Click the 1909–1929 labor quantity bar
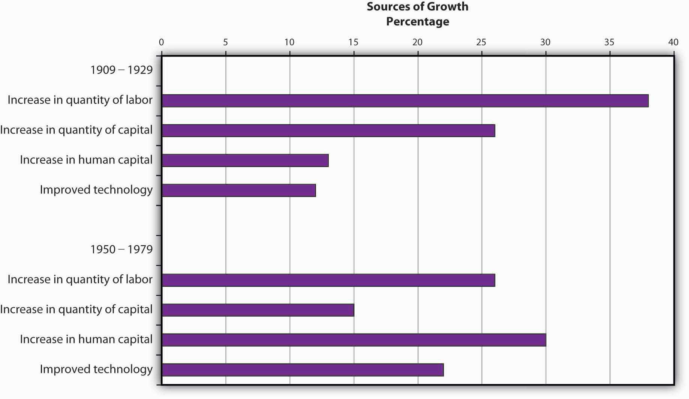[x=405, y=101]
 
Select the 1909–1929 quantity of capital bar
[x=328, y=131]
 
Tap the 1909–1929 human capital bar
[x=245, y=161]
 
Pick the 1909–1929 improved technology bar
[x=239, y=191]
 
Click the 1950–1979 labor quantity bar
[x=328, y=280]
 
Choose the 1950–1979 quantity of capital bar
[x=258, y=310]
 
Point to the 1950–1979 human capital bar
[x=354, y=340]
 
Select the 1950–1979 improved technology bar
[x=303, y=370]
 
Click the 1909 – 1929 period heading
[x=121, y=70]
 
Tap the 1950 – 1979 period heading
[x=121, y=250]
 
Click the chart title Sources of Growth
[x=417, y=7]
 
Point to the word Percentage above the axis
[x=417, y=22]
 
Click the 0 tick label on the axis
[x=161, y=42]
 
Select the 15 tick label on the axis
[x=353, y=42]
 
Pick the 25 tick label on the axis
[x=481, y=42]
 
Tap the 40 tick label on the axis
[x=673, y=42]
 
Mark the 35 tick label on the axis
[x=609, y=42]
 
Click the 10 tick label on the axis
[x=289, y=42]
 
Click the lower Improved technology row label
[x=96, y=369]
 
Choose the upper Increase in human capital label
[x=86, y=160]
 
